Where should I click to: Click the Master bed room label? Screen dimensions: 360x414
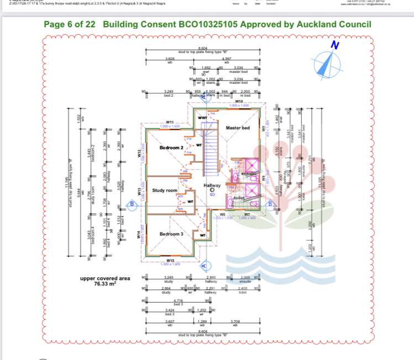[x=238, y=128]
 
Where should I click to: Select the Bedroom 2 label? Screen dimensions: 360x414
[x=171, y=148]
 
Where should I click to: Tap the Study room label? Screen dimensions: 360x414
[x=165, y=190]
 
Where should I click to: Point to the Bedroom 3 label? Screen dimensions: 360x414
[x=171, y=234]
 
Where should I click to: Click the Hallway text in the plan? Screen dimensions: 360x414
[x=212, y=186]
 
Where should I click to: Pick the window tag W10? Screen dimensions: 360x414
[x=239, y=102]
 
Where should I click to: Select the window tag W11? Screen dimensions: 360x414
[x=169, y=122]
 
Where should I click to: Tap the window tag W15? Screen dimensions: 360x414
[x=170, y=260]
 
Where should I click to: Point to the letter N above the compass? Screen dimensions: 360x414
[x=334, y=45]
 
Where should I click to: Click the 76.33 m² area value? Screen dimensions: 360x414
[x=105, y=284]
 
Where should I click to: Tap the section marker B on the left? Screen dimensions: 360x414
[x=132, y=204]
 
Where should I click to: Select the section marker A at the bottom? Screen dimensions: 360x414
[x=204, y=266]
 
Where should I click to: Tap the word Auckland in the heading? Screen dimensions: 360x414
[x=313, y=24]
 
